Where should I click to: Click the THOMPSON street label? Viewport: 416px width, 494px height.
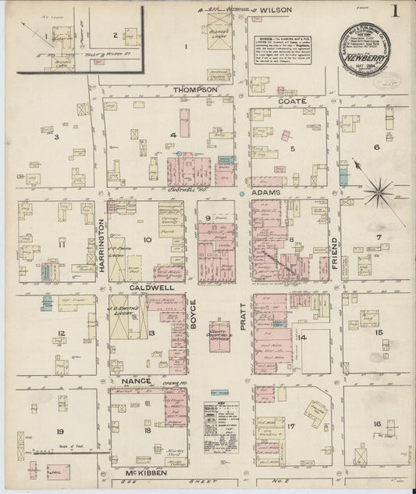pyautogui.click(x=195, y=90)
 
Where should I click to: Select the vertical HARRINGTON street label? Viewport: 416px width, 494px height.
pyautogui.click(x=101, y=244)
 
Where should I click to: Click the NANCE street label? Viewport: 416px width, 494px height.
pyautogui.click(x=136, y=381)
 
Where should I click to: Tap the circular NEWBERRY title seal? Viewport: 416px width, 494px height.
pyautogui.click(x=364, y=48)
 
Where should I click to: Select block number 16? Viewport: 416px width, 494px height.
pyautogui.click(x=378, y=424)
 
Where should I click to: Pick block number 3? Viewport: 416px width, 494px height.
pyautogui.click(x=55, y=138)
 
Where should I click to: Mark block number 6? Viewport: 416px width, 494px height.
pyautogui.click(x=375, y=146)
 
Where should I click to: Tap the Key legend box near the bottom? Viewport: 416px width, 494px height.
pyautogui.click(x=221, y=427)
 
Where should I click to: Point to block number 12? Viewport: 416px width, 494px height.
pyautogui.click(x=60, y=333)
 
